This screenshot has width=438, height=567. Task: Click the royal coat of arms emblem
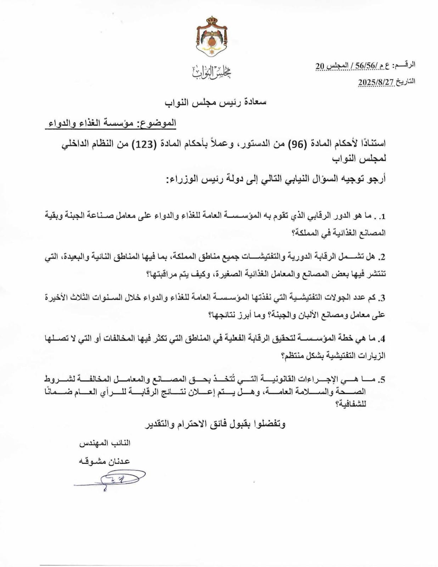(212, 38)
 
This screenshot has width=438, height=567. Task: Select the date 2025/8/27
(376, 82)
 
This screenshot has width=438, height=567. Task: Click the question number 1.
(382, 216)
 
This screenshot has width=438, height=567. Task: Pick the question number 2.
(382, 257)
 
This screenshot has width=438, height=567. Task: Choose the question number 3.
(382, 298)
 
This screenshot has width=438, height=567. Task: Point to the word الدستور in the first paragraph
(254, 144)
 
